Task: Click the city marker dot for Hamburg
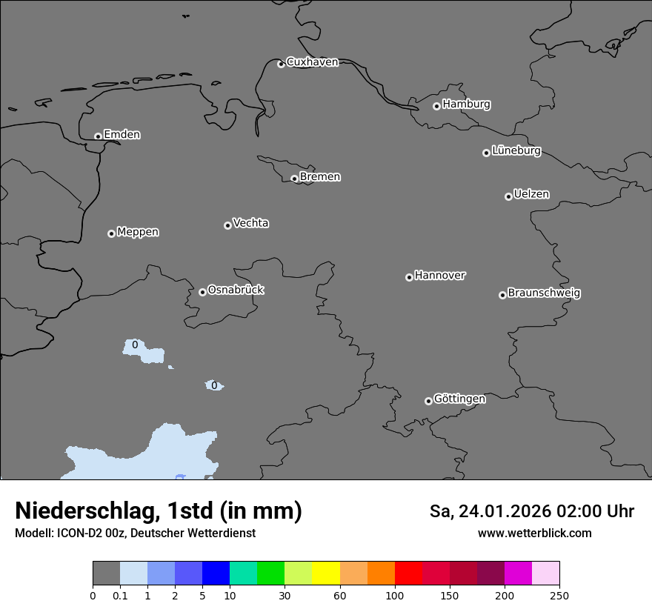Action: point(436,106)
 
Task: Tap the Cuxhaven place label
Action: point(312,61)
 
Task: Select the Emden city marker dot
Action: point(98,136)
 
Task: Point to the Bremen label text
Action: point(320,176)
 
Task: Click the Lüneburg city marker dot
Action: point(486,153)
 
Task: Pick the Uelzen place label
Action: point(531,194)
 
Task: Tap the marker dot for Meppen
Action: point(111,233)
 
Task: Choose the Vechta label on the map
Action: point(250,223)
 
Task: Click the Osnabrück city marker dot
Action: point(202,292)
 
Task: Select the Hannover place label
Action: point(440,276)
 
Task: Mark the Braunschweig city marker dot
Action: point(502,295)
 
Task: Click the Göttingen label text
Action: point(459,399)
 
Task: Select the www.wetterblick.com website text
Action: point(534,533)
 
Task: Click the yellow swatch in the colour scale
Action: point(326,574)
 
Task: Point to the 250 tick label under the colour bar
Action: point(559,595)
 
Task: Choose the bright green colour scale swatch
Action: point(271,574)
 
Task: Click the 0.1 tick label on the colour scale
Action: point(120,595)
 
